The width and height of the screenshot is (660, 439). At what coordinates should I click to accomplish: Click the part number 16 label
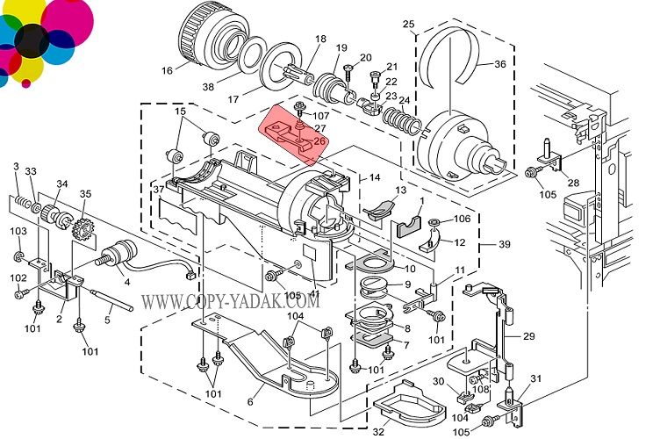(x=167, y=70)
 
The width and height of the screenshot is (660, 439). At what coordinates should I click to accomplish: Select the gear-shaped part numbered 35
(x=82, y=230)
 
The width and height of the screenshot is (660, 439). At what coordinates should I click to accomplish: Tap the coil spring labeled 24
(x=402, y=119)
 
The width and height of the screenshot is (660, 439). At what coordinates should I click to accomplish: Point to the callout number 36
(x=500, y=64)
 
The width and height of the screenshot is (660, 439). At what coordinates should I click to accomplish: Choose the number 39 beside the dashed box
(x=505, y=244)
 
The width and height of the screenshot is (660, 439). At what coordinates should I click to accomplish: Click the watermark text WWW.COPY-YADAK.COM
(x=230, y=301)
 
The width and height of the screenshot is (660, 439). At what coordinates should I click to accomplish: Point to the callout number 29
(x=528, y=336)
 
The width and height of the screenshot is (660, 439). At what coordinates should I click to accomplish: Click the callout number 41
(x=314, y=293)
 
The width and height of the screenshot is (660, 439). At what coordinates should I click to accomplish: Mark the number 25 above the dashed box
(x=408, y=24)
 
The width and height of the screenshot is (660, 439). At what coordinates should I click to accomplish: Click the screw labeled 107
(x=300, y=107)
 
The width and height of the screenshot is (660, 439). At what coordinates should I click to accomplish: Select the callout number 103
(x=18, y=231)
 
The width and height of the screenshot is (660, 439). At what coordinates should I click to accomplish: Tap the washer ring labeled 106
(x=434, y=221)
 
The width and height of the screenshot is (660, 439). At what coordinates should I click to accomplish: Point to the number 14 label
(x=375, y=177)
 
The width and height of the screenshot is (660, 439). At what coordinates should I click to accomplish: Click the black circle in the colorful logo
(x=32, y=41)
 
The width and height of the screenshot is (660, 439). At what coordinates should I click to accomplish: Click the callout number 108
(x=481, y=388)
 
